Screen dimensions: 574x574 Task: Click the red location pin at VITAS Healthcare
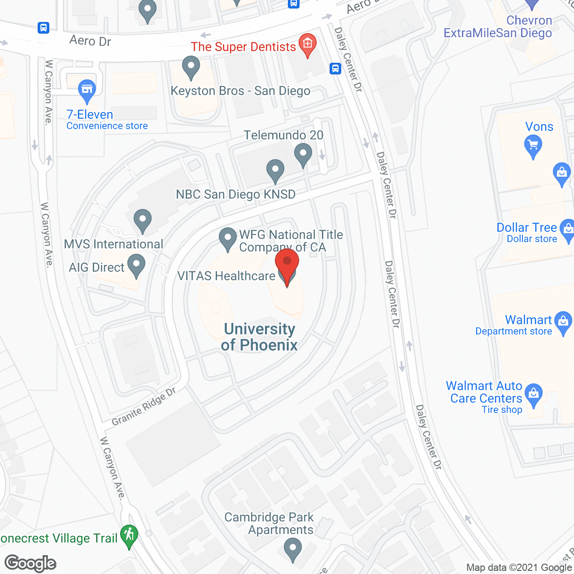click(287, 262)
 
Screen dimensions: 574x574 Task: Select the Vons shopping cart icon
click(533, 145)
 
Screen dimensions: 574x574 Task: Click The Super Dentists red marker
click(308, 43)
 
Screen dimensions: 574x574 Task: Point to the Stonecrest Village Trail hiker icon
click(130, 535)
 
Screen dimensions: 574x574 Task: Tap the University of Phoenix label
click(259, 337)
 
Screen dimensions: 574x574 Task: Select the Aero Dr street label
click(90, 41)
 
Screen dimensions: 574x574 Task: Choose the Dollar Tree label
click(526, 228)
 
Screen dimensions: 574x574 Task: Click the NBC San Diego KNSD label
click(235, 194)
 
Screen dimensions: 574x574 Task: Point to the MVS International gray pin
click(143, 220)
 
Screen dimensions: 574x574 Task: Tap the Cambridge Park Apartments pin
click(293, 548)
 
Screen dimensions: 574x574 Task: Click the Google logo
click(30, 563)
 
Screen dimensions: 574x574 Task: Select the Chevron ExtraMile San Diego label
click(497, 27)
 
